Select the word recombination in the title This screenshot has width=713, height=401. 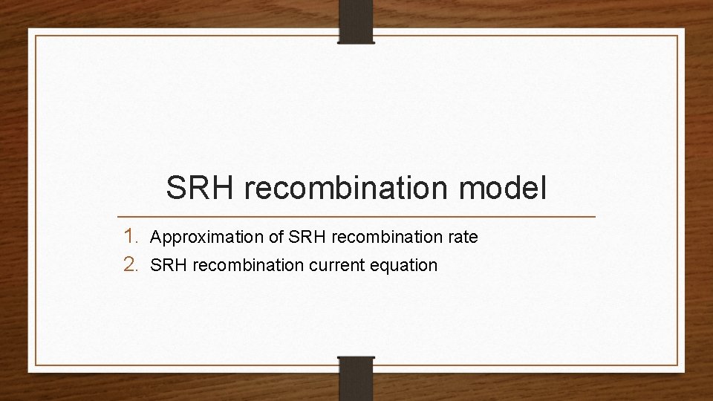[x=347, y=188]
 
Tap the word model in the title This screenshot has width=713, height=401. [x=504, y=188]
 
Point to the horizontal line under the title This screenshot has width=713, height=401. [x=356, y=217]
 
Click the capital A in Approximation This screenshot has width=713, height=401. [x=155, y=238]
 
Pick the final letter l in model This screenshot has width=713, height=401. [x=544, y=188]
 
